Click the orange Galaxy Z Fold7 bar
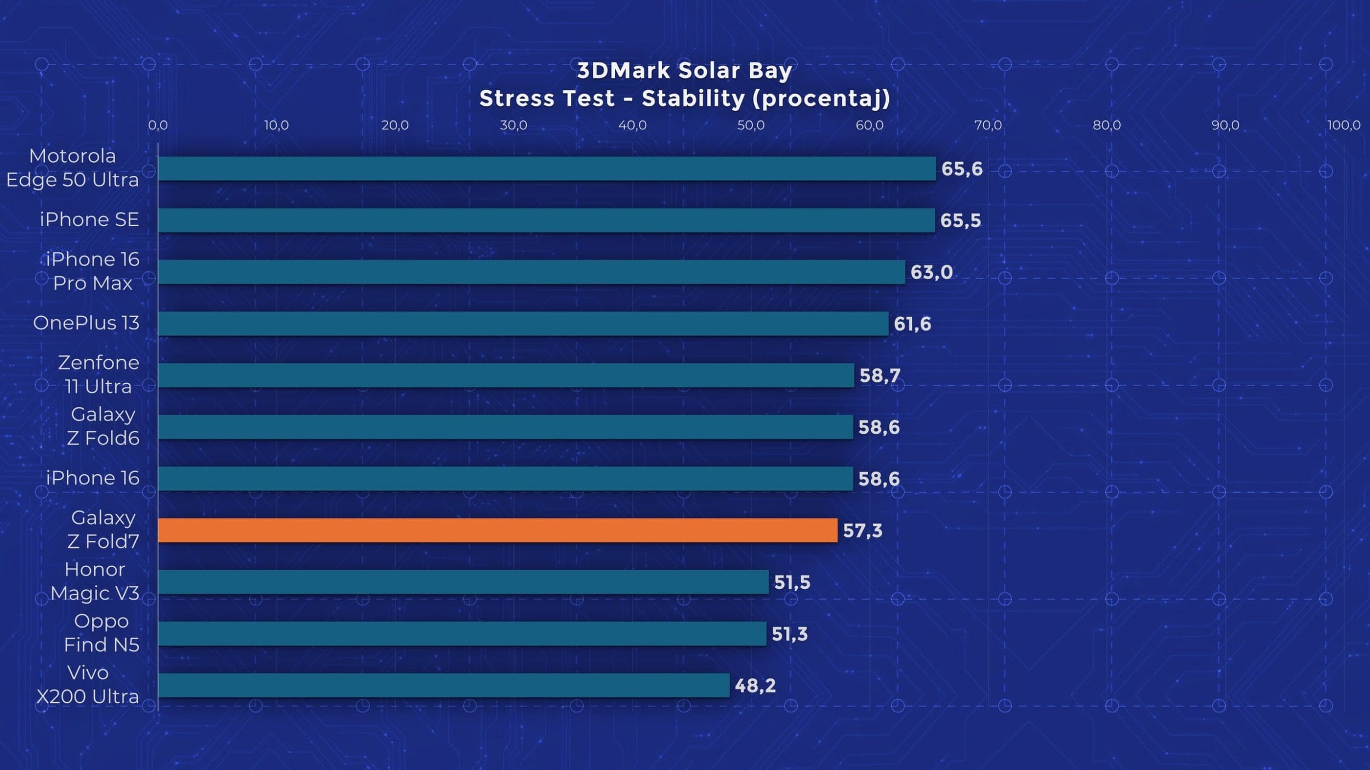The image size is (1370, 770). [x=498, y=530]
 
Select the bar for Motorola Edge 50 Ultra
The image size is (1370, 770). [x=547, y=169]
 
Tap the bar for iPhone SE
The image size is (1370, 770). [x=546, y=220]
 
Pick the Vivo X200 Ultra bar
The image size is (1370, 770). [x=444, y=685]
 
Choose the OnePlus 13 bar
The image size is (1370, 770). [x=523, y=324]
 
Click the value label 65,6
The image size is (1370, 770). [x=962, y=169]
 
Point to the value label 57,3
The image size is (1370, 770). [x=863, y=531]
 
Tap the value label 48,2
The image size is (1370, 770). [x=755, y=686]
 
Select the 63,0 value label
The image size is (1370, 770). [x=932, y=272]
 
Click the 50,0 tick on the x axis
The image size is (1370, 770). [x=751, y=125]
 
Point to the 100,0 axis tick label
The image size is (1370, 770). [x=1344, y=125]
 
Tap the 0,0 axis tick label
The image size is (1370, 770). [x=158, y=125]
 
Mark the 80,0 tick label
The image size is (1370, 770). [x=1107, y=125]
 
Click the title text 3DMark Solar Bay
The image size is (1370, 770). [x=684, y=71]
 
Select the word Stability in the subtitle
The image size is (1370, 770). [x=693, y=99]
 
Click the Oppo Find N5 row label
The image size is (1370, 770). [x=101, y=633]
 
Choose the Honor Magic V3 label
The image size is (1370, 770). [x=95, y=581]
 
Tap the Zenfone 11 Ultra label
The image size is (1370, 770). [x=99, y=375]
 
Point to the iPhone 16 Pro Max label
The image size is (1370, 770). [x=93, y=271]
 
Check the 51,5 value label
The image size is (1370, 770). [x=792, y=582]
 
